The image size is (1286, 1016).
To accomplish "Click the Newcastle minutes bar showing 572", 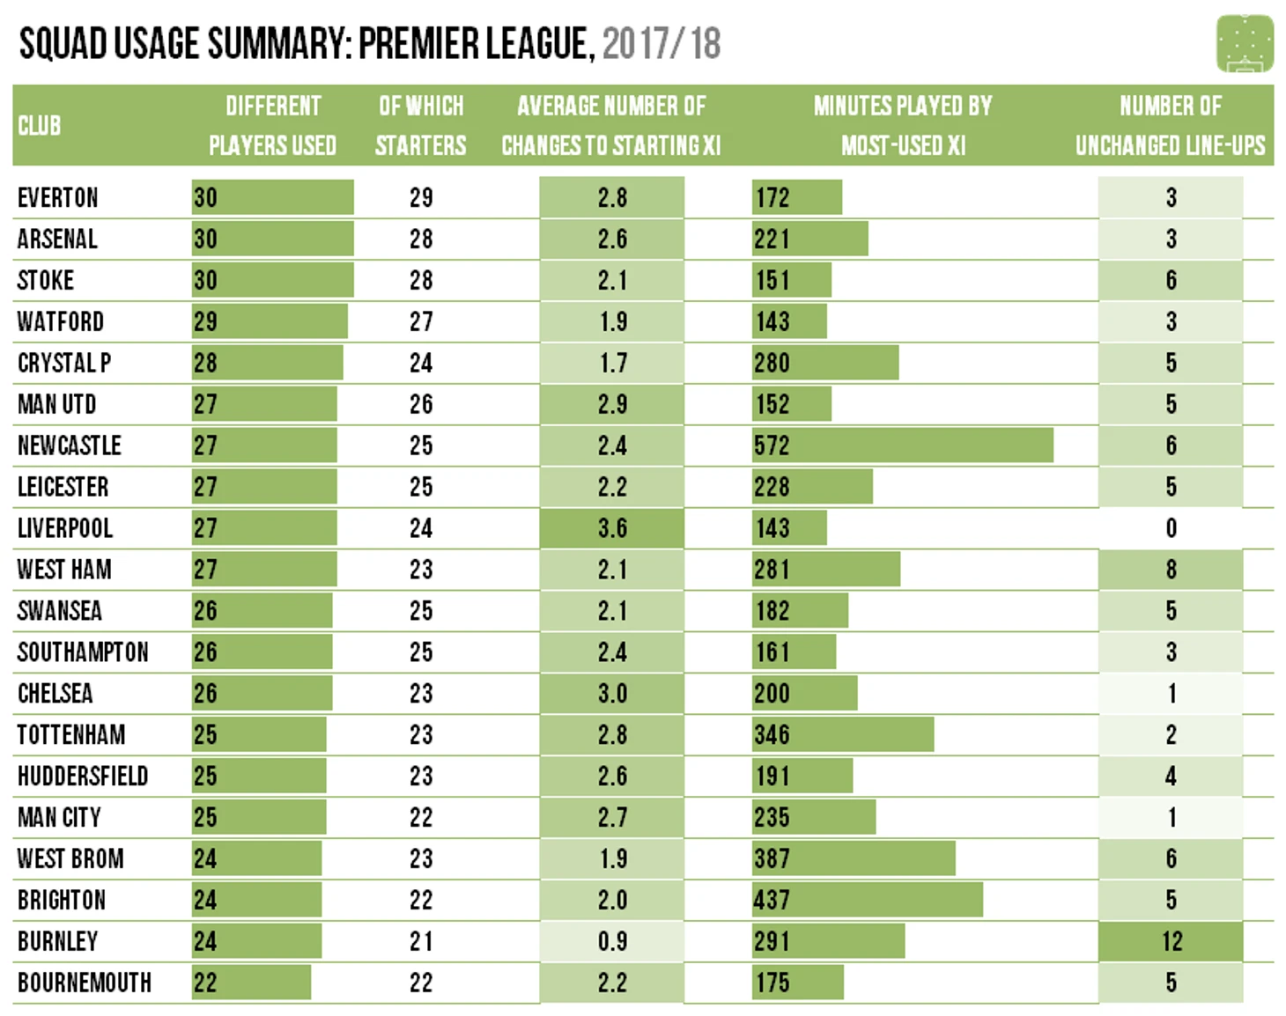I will click(x=902, y=445).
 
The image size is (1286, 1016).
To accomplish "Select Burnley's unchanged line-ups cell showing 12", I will click(x=1171, y=941).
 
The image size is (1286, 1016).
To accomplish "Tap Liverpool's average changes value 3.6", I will click(x=612, y=528).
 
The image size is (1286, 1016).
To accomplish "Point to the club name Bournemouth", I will click(x=85, y=983).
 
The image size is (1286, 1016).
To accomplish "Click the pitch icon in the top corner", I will click(x=1245, y=43).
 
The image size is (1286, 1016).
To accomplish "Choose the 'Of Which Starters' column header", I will click(x=421, y=125).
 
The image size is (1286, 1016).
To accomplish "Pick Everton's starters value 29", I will click(x=421, y=197).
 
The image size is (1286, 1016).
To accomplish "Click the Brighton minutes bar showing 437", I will click(x=867, y=900).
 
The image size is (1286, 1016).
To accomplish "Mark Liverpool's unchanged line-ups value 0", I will click(x=1171, y=528).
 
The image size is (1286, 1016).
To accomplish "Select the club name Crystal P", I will click(x=64, y=363).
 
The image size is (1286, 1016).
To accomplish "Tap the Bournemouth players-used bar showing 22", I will click(x=251, y=983).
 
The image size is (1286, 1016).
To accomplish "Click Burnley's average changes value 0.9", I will click(x=612, y=941).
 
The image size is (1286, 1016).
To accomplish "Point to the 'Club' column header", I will click(x=40, y=126).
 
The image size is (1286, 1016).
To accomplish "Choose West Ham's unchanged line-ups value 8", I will click(x=1171, y=570).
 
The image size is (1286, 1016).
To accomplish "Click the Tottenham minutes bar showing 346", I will click(x=843, y=734).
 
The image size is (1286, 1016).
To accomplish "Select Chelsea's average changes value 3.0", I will click(x=612, y=694).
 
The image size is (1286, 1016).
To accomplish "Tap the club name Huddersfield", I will click(x=83, y=776).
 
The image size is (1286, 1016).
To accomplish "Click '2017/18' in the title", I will click(x=661, y=43).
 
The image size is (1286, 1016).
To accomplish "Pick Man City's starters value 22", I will click(x=421, y=817).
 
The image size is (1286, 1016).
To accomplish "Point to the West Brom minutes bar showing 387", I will click(x=854, y=858).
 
